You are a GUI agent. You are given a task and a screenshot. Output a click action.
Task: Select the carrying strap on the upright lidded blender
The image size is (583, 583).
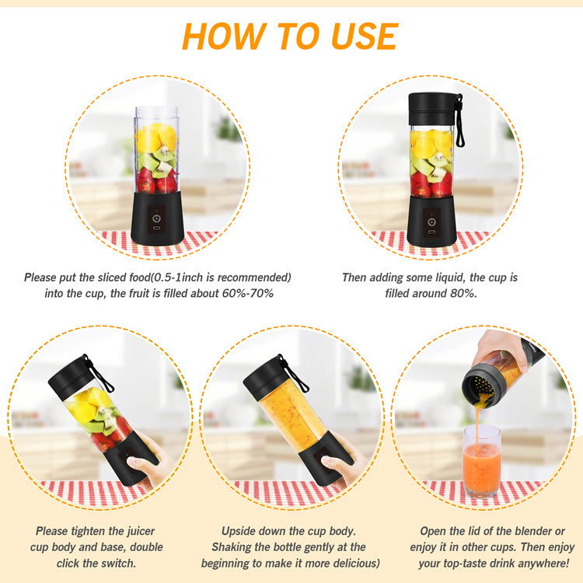[460, 123]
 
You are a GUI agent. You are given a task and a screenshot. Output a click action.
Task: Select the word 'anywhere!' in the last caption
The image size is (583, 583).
[537, 563]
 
